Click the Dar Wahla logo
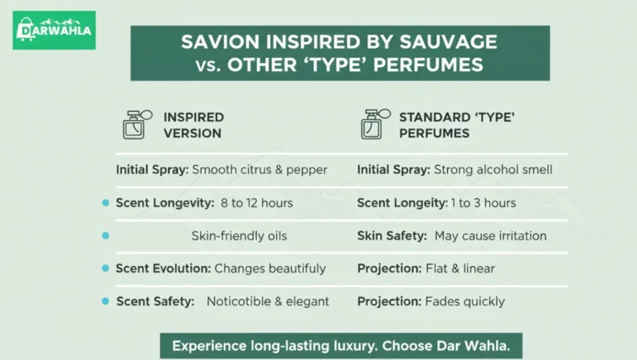pyautogui.click(x=54, y=31)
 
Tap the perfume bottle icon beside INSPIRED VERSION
pyautogui.click(x=136, y=124)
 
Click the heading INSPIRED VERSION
pyautogui.click(x=193, y=125)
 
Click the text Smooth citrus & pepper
pyautogui.click(x=260, y=170)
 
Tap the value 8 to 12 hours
pyautogui.click(x=256, y=203)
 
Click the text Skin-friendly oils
pyautogui.click(x=239, y=236)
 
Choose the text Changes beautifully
pyautogui.click(x=270, y=269)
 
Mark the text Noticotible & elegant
pyautogui.click(x=268, y=301)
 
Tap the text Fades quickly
pyautogui.click(x=464, y=301)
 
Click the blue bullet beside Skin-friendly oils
pyautogui.click(x=105, y=236)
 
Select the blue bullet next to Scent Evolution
pyautogui.click(x=105, y=269)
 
